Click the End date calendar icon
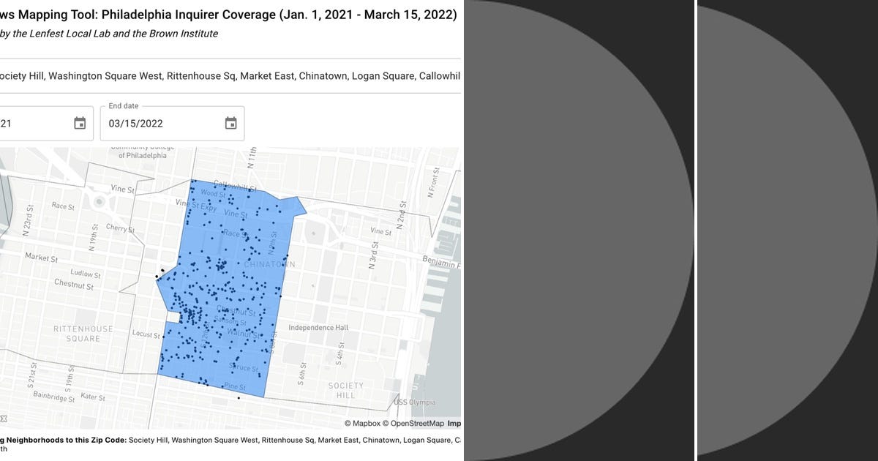tap(230, 123)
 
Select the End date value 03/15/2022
tap(136, 124)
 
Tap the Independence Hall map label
tap(318, 328)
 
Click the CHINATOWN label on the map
tap(269, 264)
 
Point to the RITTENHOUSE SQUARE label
tap(83, 334)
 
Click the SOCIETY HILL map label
tap(345, 390)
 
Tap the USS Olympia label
tap(415, 402)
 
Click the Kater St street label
tap(93, 397)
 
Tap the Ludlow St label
tap(86, 274)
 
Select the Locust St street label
tap(146, 334)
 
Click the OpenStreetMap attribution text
tap(417, 423)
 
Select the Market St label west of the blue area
tap(42, 258)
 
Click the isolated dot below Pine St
tap(239, 398)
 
